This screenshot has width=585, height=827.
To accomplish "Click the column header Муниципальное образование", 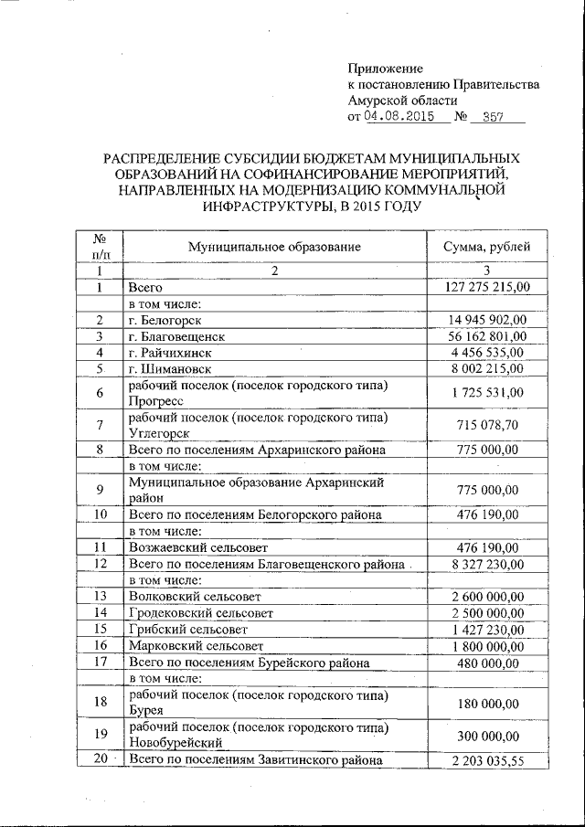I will (274, 247).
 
